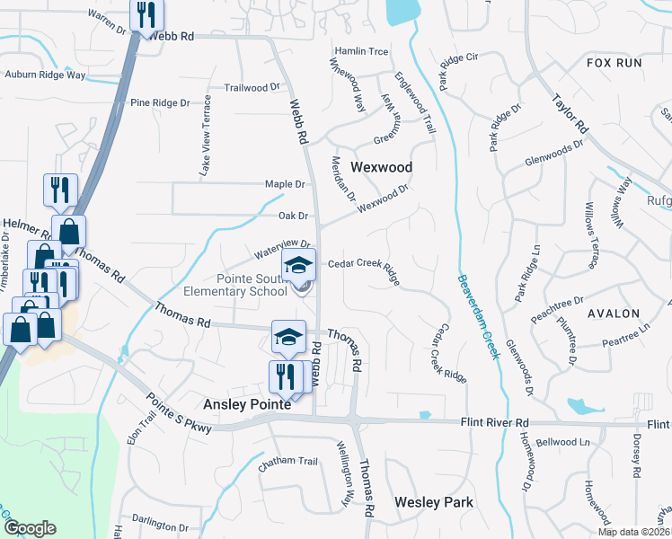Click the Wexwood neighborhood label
pyautogui.click(x=381, y=168)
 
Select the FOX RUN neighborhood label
pyautogui.click(x=615, y=63)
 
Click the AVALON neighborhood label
pyautogui.click(x=614, y=314)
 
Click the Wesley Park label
pyautogui.click(x=433, y=502)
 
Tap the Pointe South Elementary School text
pyautogui.click(x=235, y=285)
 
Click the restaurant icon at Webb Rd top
pyautogui.click(x=145, y=15)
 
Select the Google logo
pyautogui.click(x=31, y=528)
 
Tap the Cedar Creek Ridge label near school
pyautogui.click(x=364, y=267)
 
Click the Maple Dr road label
pyautogui.click(x=285, y=184)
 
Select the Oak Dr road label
pyautogui.click(x=293, y=216)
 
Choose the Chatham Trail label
pyautogui.click(x=288, y=462)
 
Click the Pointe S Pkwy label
pyautogui.click(x=179, y=414)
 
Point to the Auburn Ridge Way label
pyautogui.click(x=45, y=75)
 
